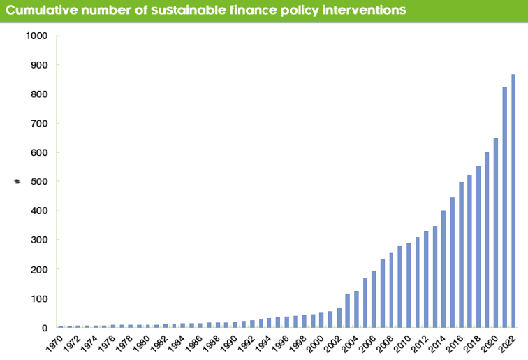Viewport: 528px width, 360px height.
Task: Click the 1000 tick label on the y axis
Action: [x=36, y=36]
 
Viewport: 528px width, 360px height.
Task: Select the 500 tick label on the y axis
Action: [x=39, y=182]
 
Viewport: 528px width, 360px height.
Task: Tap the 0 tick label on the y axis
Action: [x=45, y=328]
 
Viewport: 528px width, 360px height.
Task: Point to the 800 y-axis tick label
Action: [x=39, y=94]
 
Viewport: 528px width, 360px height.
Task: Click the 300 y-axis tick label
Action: [x=39, y=240]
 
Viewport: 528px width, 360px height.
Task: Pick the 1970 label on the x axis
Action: [x=54, y=342]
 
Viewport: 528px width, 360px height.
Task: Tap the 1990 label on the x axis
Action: [x=228, y=342]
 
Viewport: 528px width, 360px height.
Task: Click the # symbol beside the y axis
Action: [x=17, y=182]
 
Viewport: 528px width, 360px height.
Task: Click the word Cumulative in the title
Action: [x=43, y=11]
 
